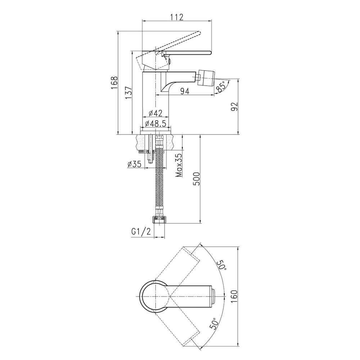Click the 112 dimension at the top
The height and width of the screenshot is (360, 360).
click(x=177, y=17)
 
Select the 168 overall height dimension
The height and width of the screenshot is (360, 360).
click(x=114, y=83)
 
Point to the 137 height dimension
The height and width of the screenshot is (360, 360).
click(x=129, y=93)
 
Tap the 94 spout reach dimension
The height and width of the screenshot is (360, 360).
click(x=185, y=91)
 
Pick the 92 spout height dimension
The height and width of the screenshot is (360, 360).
click(x=235, y=107)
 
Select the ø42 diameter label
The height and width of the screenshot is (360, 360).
click(x=156, y=113)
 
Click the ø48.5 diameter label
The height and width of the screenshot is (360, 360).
click(x=156, y=124)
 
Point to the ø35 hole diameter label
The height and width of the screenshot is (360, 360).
click(x=134, y=164)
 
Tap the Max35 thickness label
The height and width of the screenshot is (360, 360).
click(x=179, y=165)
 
